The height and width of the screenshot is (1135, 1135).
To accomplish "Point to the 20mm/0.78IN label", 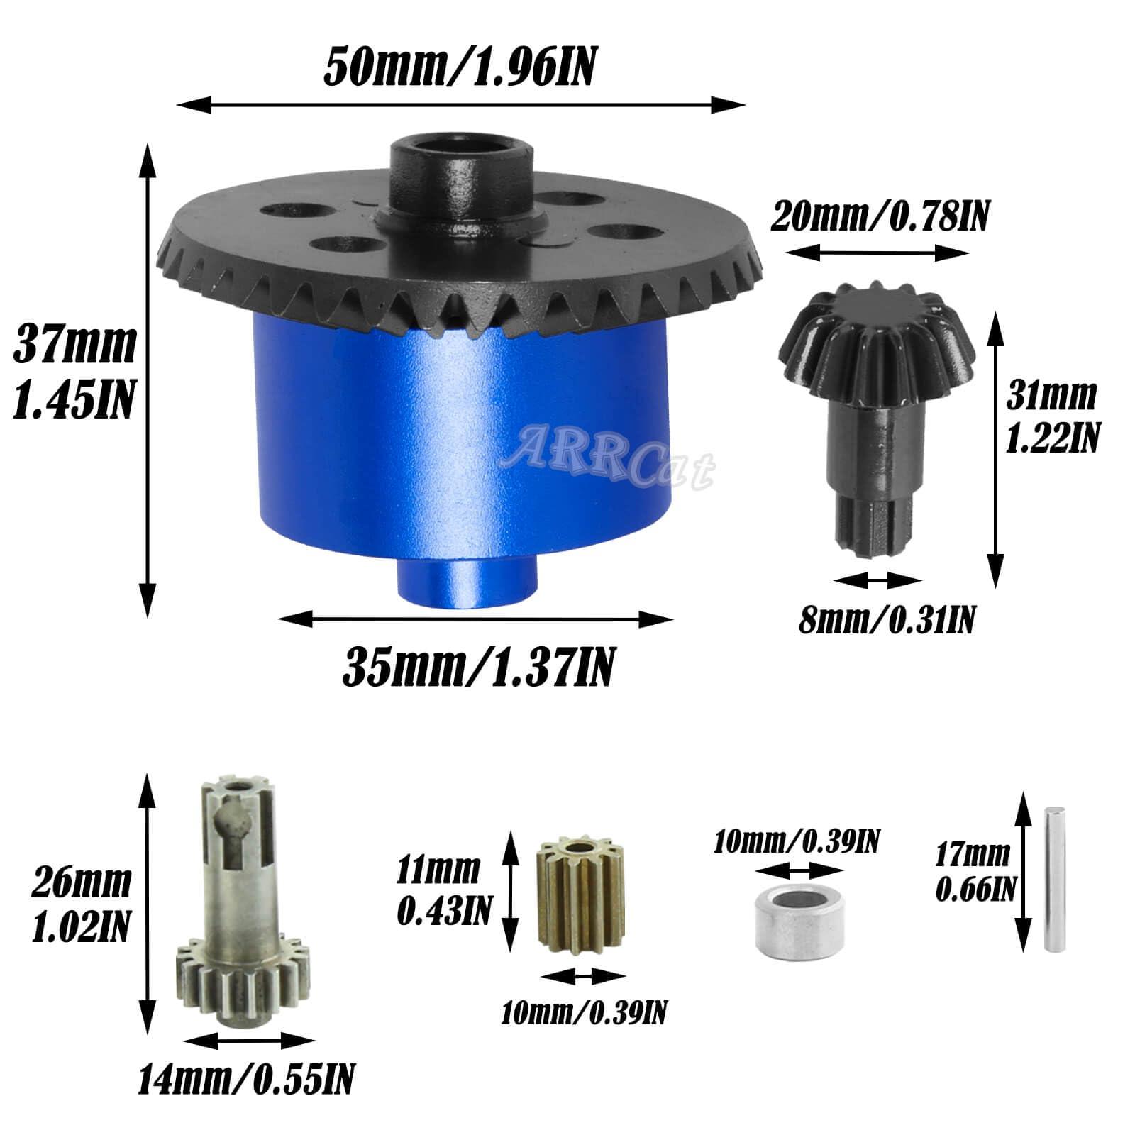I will pos(879,216).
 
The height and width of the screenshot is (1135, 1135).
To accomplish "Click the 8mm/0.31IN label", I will pos(887,620).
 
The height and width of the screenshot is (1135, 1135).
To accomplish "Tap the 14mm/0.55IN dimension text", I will pos(246,1080).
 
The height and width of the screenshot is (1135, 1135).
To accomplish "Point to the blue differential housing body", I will pos(461,447).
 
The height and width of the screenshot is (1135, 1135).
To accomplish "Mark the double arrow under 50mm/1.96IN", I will pos(461,106).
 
